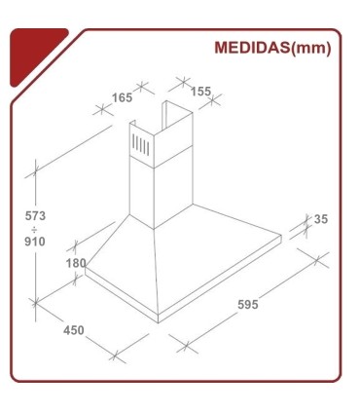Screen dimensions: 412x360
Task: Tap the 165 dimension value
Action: click(122, 96)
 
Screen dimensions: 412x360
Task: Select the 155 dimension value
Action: click(200, 92)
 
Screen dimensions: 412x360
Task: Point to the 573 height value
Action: click(34, 215)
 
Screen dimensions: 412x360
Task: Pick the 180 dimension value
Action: click(76, 263)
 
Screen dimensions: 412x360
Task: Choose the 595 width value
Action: click(247, 305)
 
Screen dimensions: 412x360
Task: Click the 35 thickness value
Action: click(321, 220)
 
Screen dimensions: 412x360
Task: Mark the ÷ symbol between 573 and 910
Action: click(34, 229)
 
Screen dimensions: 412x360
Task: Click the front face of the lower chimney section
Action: click(142, 190)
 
